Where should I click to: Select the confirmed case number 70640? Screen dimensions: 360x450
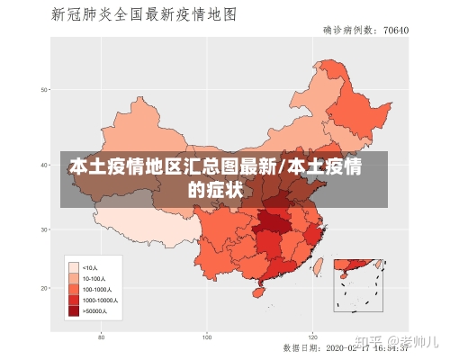396,30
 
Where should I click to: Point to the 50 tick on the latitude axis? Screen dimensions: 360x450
42,89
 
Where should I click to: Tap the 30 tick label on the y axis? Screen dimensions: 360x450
42,230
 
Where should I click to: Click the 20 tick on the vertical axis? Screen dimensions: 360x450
42,288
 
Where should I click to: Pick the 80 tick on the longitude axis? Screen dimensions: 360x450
102,337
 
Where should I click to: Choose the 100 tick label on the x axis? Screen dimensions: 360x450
207,337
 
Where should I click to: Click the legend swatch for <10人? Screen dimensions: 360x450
74,267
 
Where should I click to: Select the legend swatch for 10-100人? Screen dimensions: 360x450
74,278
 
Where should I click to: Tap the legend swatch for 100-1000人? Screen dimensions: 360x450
74,289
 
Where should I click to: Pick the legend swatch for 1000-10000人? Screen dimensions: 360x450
74,300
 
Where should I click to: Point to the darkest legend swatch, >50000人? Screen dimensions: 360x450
74,310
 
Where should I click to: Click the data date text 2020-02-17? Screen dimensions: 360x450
346,346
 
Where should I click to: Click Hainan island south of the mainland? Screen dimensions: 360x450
259,292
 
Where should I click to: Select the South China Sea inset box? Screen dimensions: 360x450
358,284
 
